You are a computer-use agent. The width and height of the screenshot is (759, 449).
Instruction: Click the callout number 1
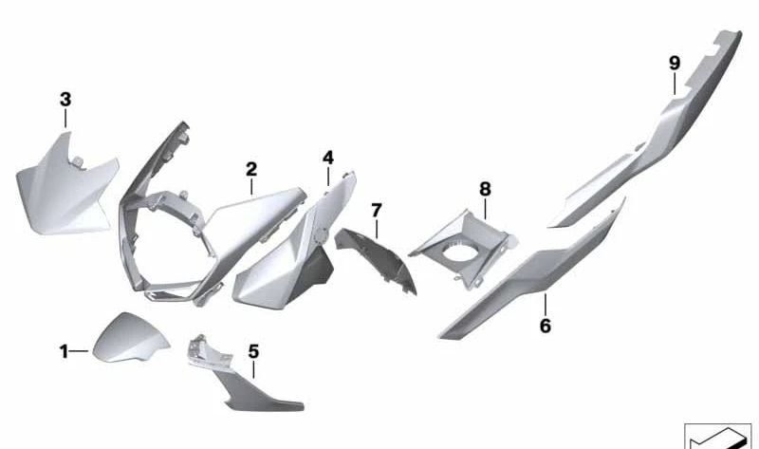tap(65, 352)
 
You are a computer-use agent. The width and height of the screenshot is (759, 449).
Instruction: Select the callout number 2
tap(251, 170)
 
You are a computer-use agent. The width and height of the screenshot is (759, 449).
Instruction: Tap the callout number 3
tap(65, 99)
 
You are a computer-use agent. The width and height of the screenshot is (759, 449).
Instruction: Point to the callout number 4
tap(327, 157)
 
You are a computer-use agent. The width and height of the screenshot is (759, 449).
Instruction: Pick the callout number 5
tap(253, 351)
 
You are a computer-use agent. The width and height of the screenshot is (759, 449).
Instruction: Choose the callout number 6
tap(545, 327)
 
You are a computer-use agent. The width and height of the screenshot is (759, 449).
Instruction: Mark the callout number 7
tap(377, 209)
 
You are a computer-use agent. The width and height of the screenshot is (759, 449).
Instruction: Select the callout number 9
tap(675, 64)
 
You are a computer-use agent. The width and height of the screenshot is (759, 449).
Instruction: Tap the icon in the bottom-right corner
tap(717, 436)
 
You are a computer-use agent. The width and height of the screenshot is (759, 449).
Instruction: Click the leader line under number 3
tap(65, 119)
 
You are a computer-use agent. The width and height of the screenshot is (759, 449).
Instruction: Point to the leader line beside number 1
tap(80, 352)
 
